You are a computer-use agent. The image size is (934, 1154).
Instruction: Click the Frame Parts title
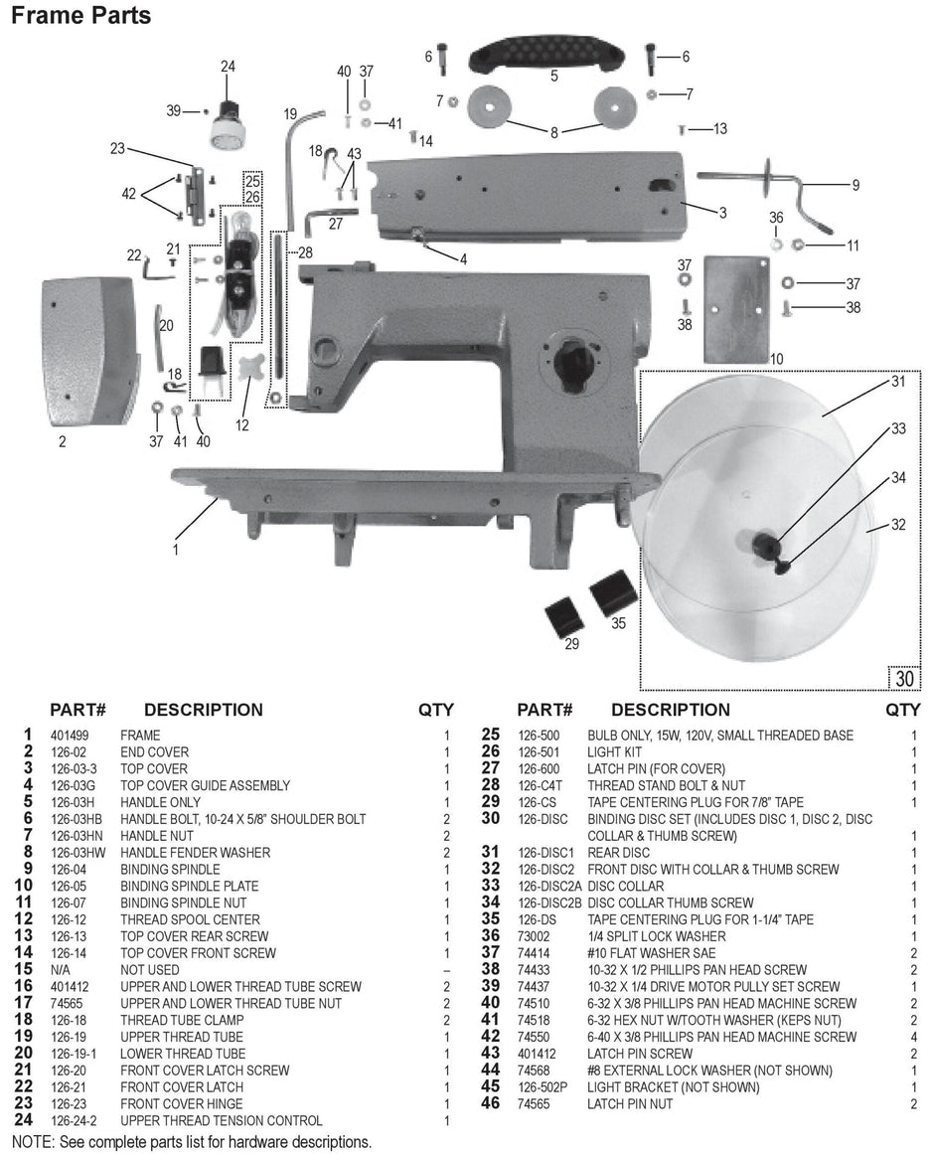[81, 16]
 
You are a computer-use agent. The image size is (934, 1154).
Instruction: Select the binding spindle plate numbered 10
[736, 308]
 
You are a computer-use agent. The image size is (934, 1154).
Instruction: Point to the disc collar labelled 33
[764, 543]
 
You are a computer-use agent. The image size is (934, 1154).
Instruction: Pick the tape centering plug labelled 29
[564, 616]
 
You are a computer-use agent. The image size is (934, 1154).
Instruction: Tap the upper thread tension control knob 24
[229, 120]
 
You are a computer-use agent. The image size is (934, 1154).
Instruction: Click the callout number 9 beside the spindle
[856, 185]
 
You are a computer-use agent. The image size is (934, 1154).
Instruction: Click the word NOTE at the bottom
[33, 1142]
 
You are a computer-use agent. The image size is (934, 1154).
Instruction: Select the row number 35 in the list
[490, 919]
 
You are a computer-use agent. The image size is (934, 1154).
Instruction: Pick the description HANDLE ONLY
[160, 802]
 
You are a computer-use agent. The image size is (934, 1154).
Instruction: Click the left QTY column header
[436, 710]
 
